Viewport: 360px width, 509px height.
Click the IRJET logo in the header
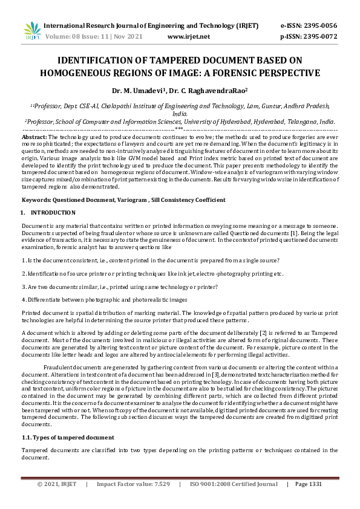32,31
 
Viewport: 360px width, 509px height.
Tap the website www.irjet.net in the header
189,37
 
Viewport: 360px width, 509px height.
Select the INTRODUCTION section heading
53,213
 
